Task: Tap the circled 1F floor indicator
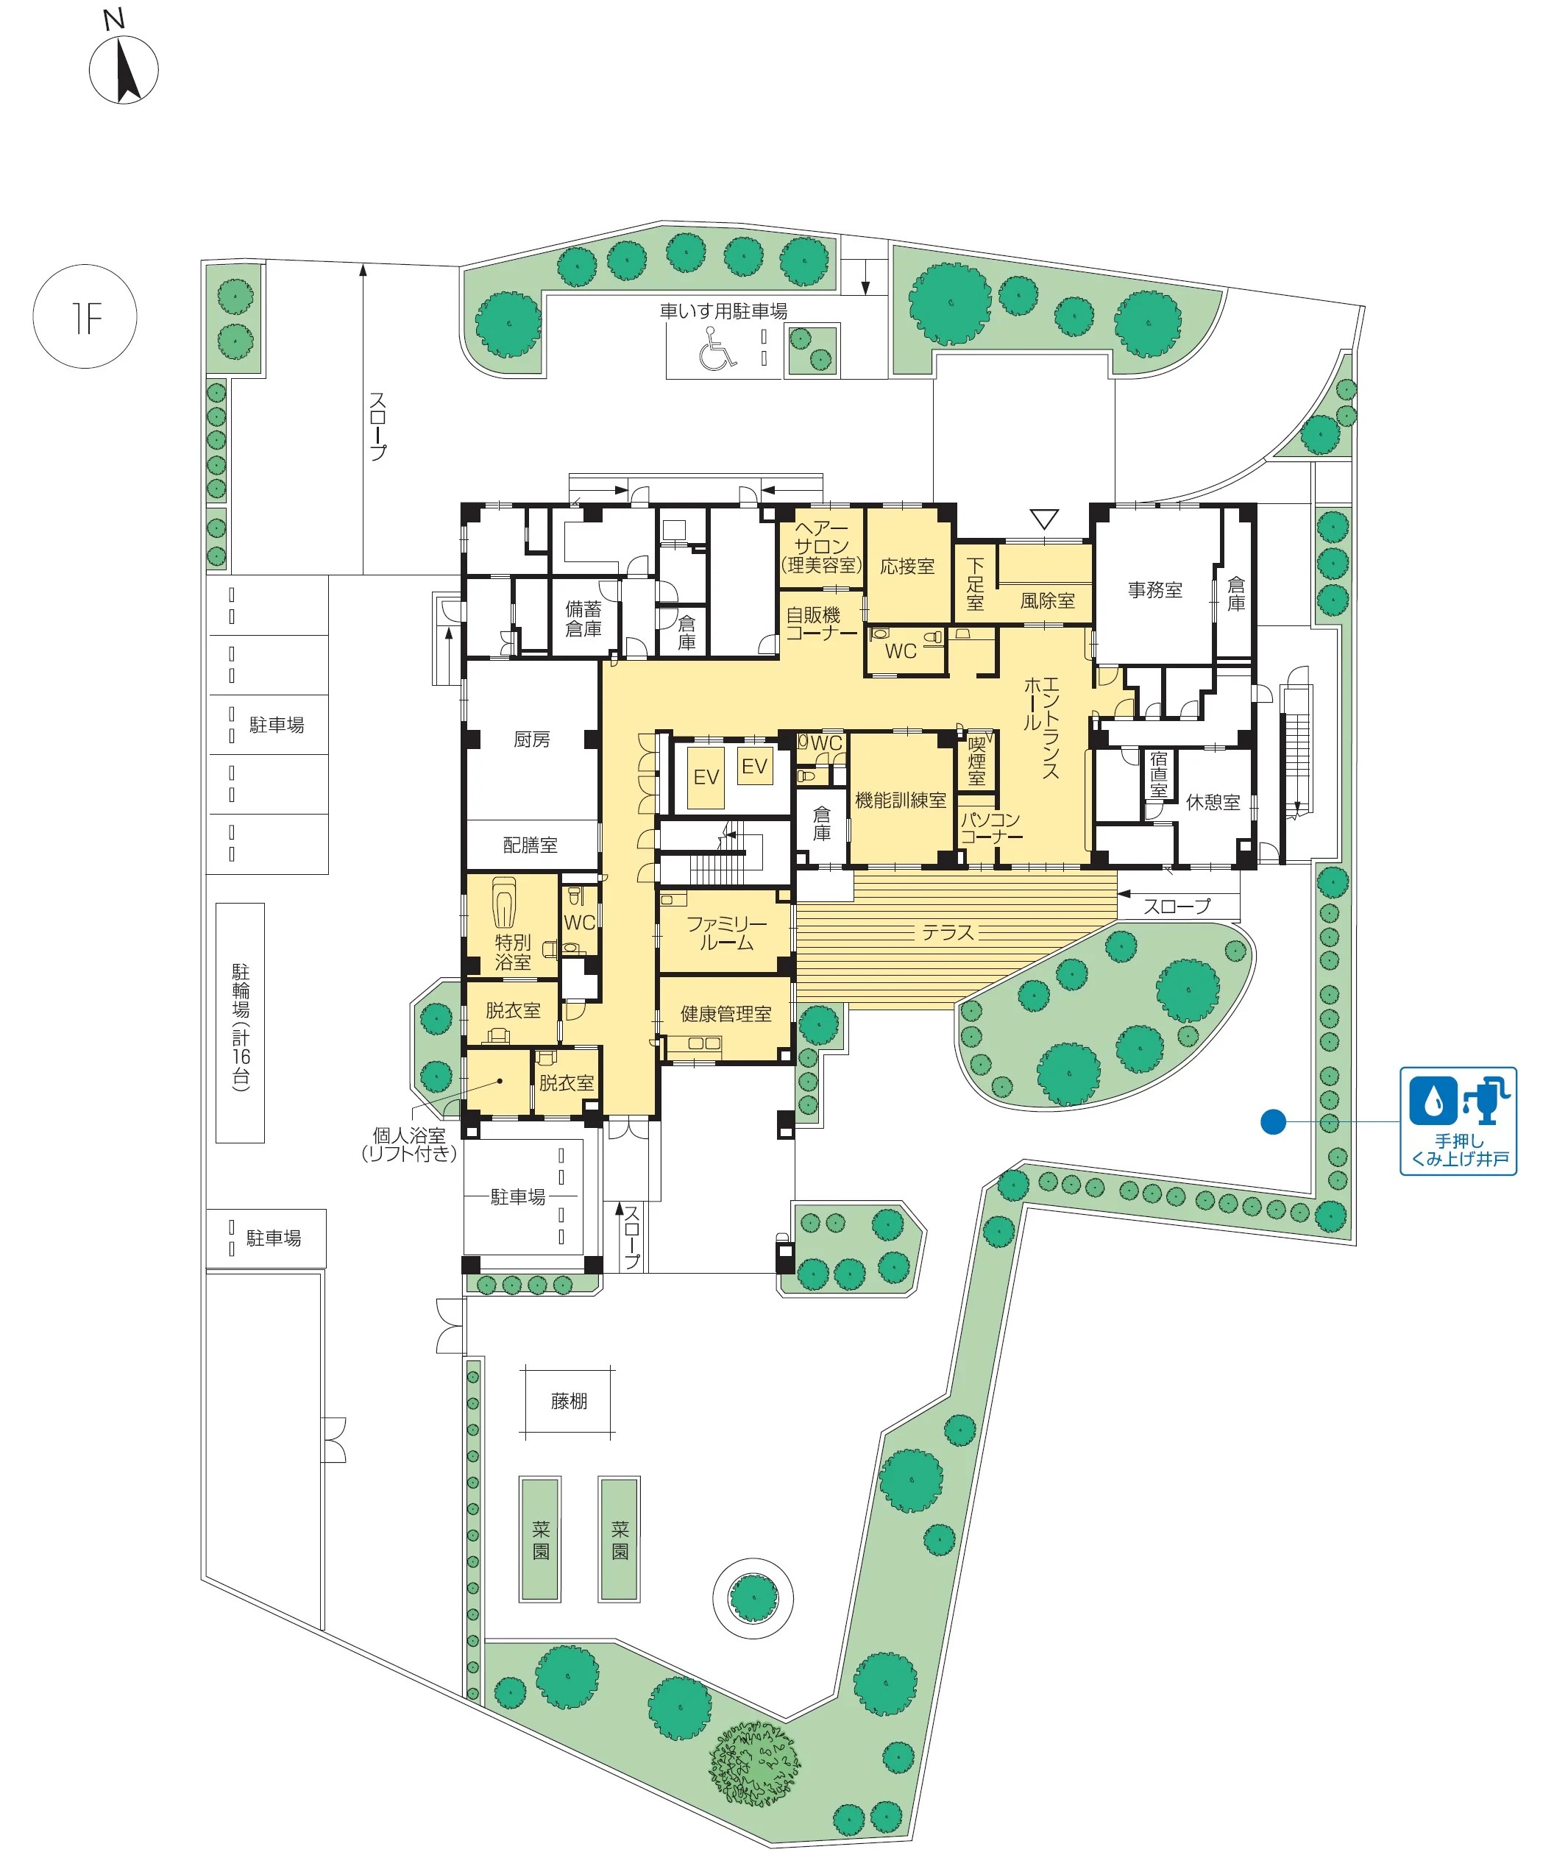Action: (85, 316)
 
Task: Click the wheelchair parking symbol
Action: (717, 348)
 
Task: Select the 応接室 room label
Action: (907, 566)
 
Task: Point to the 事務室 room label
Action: (1155, 589)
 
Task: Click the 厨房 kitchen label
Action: (531, 739)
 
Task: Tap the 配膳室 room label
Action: (531, 845)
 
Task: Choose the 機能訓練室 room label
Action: (900, 800)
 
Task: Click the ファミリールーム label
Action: (726, 933)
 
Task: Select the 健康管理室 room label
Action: (726, 1013)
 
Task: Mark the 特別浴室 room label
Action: (513, 951)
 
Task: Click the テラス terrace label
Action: (948, 932)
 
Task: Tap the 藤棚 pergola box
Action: (569, 1400)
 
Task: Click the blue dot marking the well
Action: (1273, 1122)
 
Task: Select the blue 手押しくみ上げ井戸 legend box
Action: (1458, 1121)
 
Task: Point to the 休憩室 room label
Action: (1213, 801)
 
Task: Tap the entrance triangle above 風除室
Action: (1044, 519)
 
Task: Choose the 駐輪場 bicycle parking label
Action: (241, 1026)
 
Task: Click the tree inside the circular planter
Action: (753, 1597)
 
